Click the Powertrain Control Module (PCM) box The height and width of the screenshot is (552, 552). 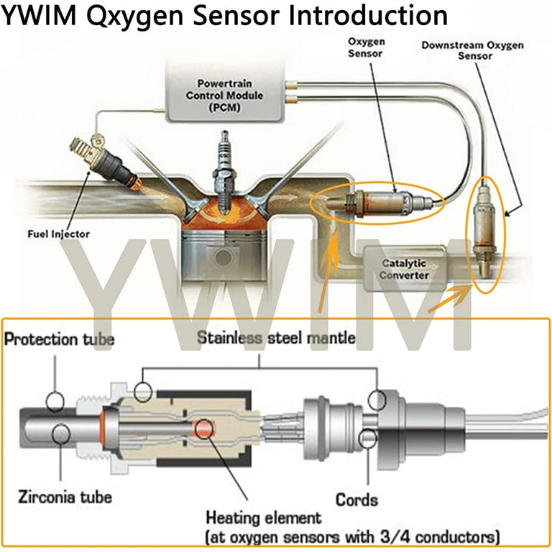click(224, 92)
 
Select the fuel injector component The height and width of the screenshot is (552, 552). click(105, 162)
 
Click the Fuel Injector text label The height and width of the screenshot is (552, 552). click(58, 234)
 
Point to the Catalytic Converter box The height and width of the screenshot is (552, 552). click(404, 269)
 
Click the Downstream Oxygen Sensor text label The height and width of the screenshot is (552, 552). click(473, 50)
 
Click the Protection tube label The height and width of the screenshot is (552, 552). click(59, 339)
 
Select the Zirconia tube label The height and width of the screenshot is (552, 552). click(65, 497)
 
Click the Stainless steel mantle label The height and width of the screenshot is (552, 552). click(276, 338)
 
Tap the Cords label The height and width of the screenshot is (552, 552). click(356, 500)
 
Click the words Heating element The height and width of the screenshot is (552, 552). click(264, 517)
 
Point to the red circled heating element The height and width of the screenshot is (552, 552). click(205, 429)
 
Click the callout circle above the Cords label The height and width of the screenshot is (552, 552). click(368, 438)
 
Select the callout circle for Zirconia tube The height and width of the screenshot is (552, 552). click(61, 433)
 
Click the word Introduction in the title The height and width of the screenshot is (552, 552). click(368, 16)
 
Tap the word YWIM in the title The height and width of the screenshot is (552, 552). click(39, 16)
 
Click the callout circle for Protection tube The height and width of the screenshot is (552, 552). click(55, 401)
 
